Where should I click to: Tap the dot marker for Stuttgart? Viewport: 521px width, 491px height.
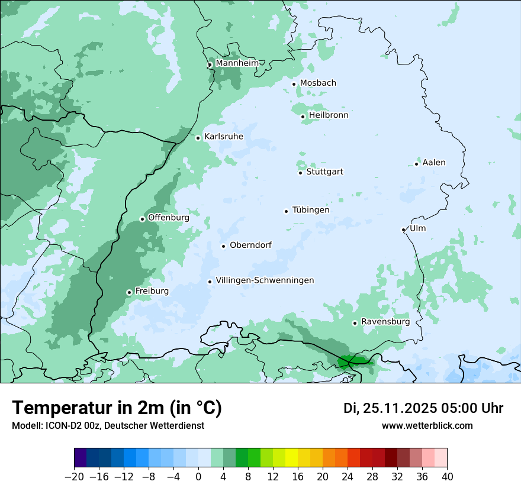(301, 173)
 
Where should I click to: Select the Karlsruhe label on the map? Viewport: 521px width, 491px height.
(224, 137)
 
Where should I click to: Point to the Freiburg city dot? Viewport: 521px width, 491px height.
(129, 292)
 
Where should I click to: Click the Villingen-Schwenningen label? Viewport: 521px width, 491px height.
(265, 280)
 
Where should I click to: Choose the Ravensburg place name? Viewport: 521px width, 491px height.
(385, 322)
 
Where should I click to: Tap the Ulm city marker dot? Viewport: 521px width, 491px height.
(404, 230)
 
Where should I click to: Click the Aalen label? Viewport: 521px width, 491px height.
(434, 163)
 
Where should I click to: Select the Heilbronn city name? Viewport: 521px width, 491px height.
(329, 115)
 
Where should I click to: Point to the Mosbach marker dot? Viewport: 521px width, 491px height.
(294, 84)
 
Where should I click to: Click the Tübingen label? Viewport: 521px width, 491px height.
(311, 210)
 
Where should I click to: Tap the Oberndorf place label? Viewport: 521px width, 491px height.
(250, 245)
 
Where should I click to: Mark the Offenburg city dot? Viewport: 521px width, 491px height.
(142, 219)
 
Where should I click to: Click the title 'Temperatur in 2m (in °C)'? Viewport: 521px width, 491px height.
(117, 408)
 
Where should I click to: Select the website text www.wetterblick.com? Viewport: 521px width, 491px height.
(427, 425)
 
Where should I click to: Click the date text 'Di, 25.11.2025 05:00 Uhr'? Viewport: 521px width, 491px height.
(423, 408)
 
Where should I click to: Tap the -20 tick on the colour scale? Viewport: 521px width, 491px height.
(74, 477)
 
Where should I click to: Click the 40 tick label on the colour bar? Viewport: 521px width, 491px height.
(447, 477)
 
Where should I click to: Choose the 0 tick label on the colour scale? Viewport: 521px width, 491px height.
(198, 477)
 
